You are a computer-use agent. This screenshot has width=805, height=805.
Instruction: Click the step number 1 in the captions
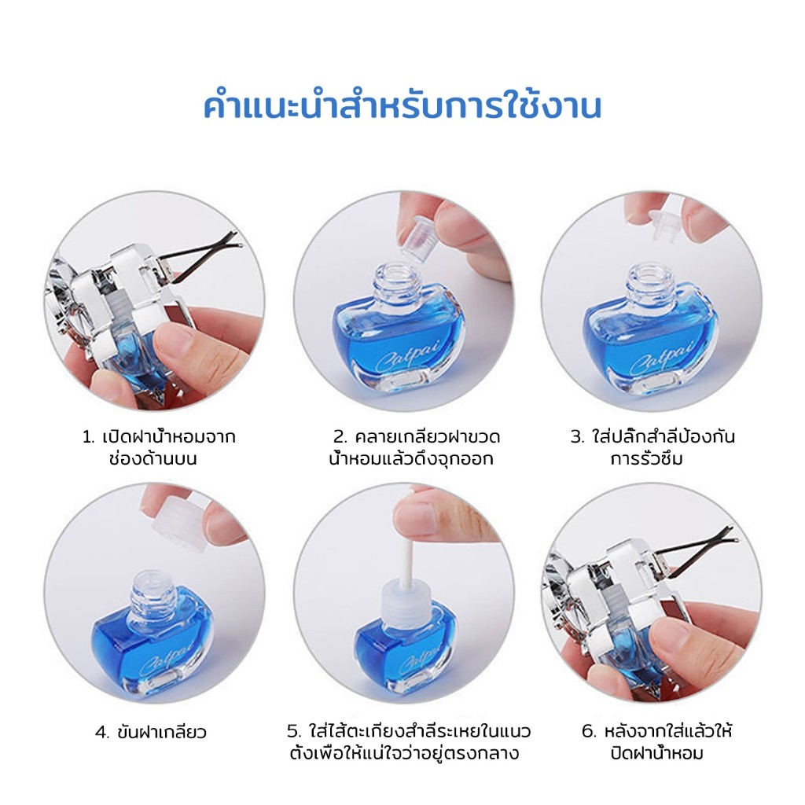pos(88,437)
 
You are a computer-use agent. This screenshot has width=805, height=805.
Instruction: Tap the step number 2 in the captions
pos(340,437)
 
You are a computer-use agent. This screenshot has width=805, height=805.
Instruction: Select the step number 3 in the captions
pos(576,437)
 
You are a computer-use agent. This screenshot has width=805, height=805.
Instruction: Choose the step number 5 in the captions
pos(293,732)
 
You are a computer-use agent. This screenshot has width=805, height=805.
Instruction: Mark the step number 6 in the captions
pos(588,732)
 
